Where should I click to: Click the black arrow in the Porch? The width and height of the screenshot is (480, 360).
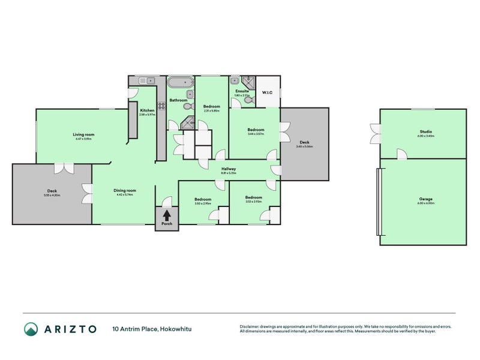point(166,214)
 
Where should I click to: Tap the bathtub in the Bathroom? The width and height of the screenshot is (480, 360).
point(179,83)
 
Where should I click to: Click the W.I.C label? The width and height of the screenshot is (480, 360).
point(268,92)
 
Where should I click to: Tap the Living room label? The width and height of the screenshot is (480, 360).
point(83,134)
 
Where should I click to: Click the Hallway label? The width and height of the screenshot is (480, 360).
point(229,169)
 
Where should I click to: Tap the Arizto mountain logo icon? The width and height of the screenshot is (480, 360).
point(31,329)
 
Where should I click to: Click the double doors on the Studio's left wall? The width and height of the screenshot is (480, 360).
point(376,133)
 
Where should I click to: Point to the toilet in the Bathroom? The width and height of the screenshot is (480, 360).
point(188,106)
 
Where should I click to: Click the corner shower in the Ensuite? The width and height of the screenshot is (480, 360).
point(249,83)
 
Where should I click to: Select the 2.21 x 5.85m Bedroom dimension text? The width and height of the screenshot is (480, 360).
point(212,111)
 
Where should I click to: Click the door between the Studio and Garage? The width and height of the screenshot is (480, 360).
point(401,154)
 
